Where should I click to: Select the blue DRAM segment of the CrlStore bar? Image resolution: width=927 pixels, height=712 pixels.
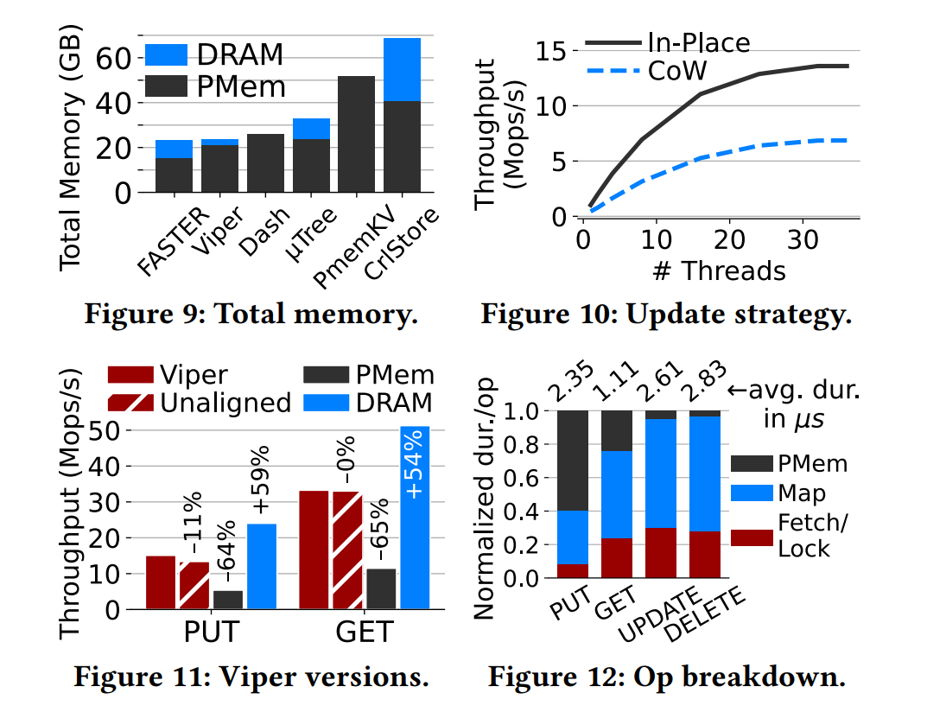pos(403,69)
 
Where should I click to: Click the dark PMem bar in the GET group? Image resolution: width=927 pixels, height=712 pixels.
pos(381,588)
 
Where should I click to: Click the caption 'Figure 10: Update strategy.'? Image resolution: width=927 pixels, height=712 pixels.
pos(666,312)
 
